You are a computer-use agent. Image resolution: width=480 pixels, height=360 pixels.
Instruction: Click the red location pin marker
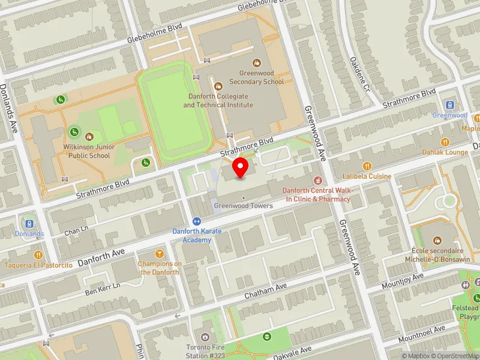(241, 168)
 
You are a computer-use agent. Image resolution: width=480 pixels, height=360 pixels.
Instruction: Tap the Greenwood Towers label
(244, 206)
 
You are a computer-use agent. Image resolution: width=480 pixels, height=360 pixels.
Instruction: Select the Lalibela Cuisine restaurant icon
(367, 166)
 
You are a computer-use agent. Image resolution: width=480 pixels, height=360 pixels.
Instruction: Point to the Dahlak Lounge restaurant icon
(445, 142)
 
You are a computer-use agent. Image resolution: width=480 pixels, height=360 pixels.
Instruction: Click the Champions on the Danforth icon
(160, 254)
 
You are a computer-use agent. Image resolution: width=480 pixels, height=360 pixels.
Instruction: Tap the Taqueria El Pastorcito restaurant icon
(39, 255)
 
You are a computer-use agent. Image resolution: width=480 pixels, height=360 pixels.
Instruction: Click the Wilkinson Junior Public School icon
(89, 137)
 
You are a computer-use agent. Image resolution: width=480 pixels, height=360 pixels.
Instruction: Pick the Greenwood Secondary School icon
(257, 62)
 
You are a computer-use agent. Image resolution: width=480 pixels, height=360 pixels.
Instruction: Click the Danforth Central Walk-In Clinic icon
(317, 181)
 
